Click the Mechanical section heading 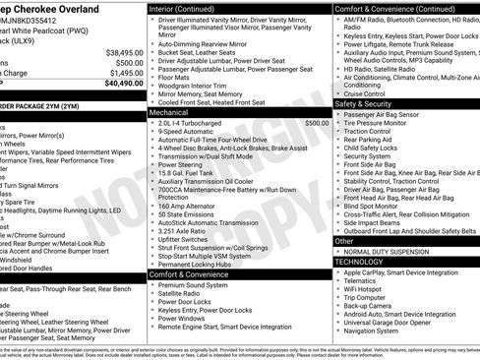click(170, 113)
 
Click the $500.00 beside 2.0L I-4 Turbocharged click(317, 123)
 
